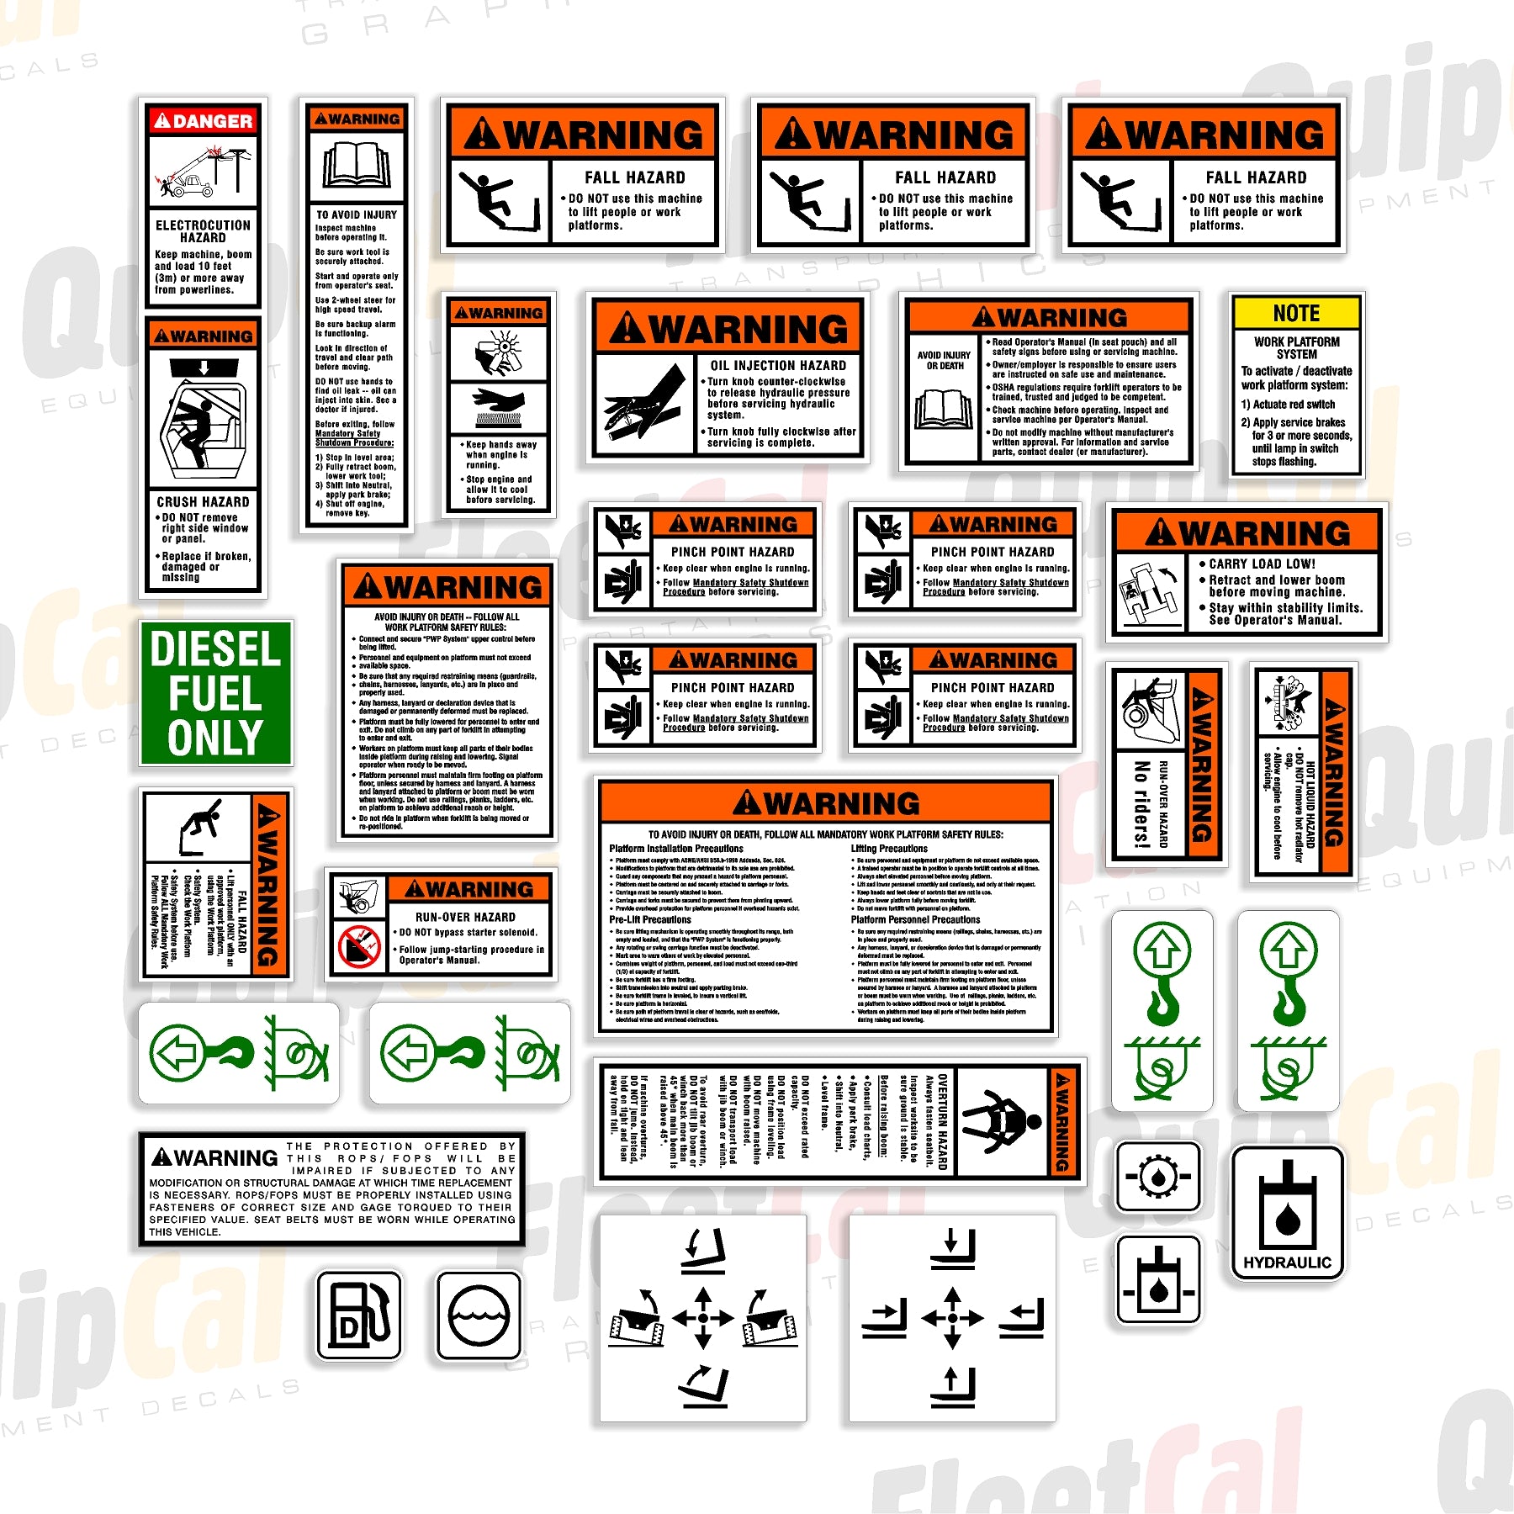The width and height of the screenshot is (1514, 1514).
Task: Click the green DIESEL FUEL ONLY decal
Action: [215, 693]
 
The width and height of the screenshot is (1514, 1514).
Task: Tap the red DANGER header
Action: [203, 121]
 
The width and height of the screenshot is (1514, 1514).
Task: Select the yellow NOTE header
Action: [1296, 314]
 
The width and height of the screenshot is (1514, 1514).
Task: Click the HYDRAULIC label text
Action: [1287, 1263]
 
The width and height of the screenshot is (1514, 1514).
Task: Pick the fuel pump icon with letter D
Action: [359, 1315]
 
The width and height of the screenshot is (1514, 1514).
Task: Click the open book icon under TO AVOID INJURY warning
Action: [357, 165]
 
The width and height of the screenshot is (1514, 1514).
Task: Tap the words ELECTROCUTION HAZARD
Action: [203, 231]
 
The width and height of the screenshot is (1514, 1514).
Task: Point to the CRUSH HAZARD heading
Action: [203, 501]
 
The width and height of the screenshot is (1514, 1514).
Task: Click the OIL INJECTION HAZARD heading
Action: [778, 365]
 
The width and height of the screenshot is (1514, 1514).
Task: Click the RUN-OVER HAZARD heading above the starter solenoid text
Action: [465, 917]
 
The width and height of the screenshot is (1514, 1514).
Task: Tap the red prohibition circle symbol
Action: [359, 946]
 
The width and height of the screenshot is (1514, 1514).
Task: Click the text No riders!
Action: [1141, 803]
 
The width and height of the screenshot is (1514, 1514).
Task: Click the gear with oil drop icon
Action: [1158, 1177]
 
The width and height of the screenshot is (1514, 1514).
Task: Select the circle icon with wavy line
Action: [479, 1315]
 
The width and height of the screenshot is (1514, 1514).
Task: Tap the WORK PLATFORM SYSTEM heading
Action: [1296, 347]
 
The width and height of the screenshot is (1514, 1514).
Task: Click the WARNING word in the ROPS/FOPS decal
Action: [215, 1158]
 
